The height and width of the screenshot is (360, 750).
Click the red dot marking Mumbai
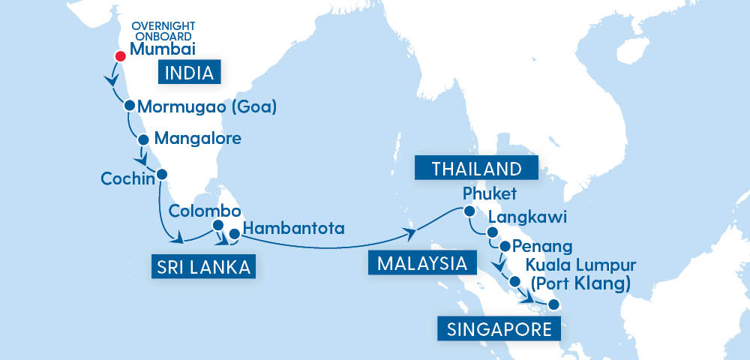point(119,56)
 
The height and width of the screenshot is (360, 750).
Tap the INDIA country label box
point(190,73)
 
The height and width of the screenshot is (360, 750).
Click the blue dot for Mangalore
point(142,139)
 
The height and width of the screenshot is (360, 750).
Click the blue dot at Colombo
point(218,225)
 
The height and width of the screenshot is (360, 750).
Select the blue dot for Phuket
point(469,211)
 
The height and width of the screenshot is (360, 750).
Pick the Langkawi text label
point(526,217)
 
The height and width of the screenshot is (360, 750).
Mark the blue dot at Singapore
point(553,304)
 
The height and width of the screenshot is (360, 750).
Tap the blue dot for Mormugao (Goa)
point(130,106)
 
